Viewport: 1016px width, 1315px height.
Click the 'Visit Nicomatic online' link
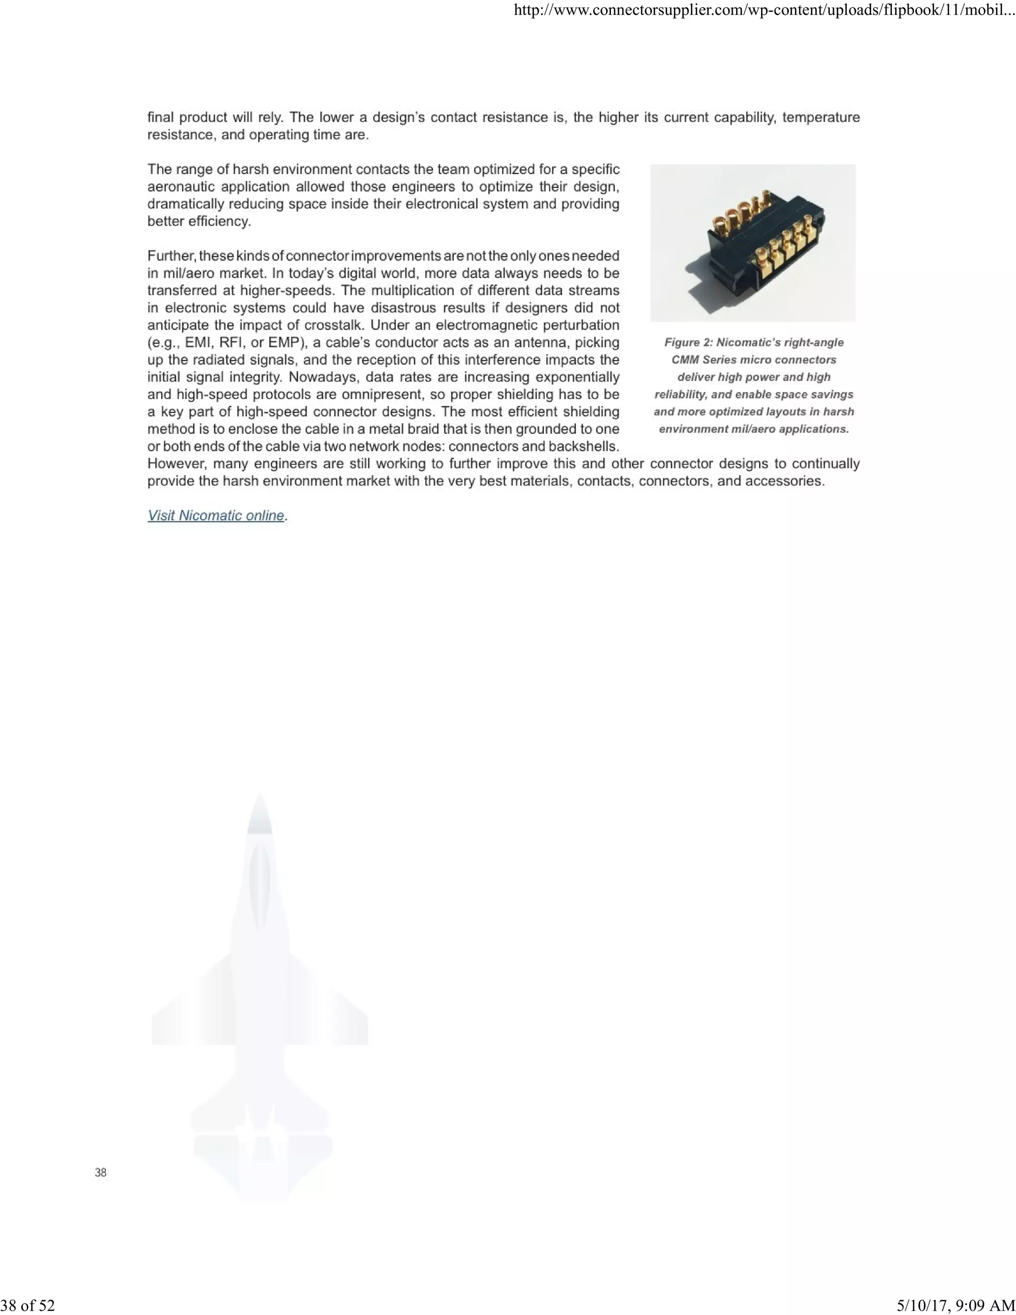click(x=215, y=516)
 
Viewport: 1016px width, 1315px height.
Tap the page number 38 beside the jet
click(x=101, y=1172)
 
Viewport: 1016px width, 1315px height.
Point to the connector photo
click(x=753, y=243)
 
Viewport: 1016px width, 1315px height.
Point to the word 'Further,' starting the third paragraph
click(x=172, y=256)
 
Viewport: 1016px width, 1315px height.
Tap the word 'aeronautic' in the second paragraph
click(x=181, y=187)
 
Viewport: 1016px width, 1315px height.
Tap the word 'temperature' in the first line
click(x=821, y=118)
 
